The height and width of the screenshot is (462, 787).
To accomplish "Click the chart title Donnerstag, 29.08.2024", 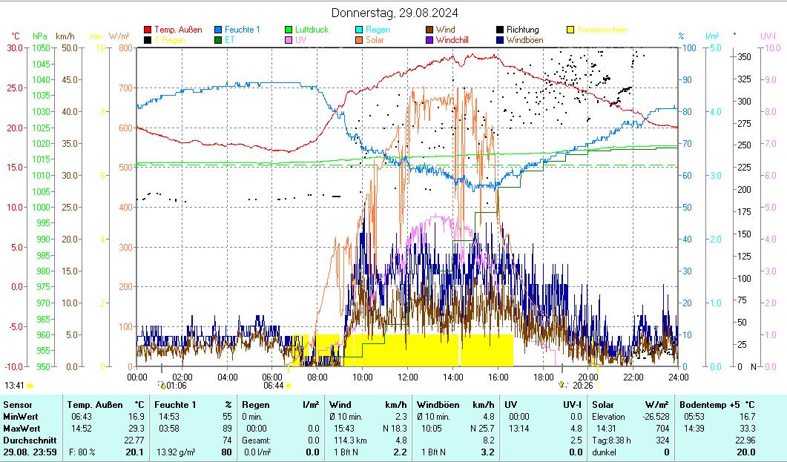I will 395,13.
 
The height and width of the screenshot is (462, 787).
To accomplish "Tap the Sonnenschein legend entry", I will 602,30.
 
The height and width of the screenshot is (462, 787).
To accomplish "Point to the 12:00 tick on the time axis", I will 407,377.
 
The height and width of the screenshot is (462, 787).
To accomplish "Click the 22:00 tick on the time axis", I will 633,377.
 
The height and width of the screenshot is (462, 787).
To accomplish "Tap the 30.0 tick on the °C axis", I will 15,48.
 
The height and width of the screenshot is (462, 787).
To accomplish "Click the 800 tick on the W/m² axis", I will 125,48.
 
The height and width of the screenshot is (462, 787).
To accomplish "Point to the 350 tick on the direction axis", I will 745,56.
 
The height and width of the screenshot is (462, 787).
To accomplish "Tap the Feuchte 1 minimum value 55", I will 227,417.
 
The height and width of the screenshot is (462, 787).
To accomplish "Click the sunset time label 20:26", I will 583,386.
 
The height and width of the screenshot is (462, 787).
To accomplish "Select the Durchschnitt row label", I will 25,440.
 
